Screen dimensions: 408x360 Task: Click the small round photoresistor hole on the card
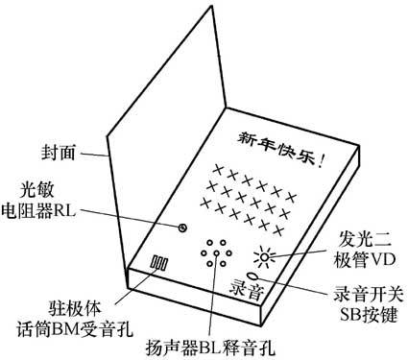click(x=183, y=228)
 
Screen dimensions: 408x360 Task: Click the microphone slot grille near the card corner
click(x=160, y=262)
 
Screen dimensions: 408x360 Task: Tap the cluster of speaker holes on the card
click(x=213, y=254)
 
